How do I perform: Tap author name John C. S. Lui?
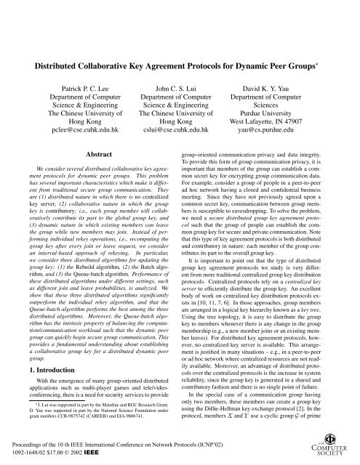[178, 85]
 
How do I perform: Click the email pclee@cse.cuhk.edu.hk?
[67, 133]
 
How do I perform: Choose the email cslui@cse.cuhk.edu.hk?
[178, 133]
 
